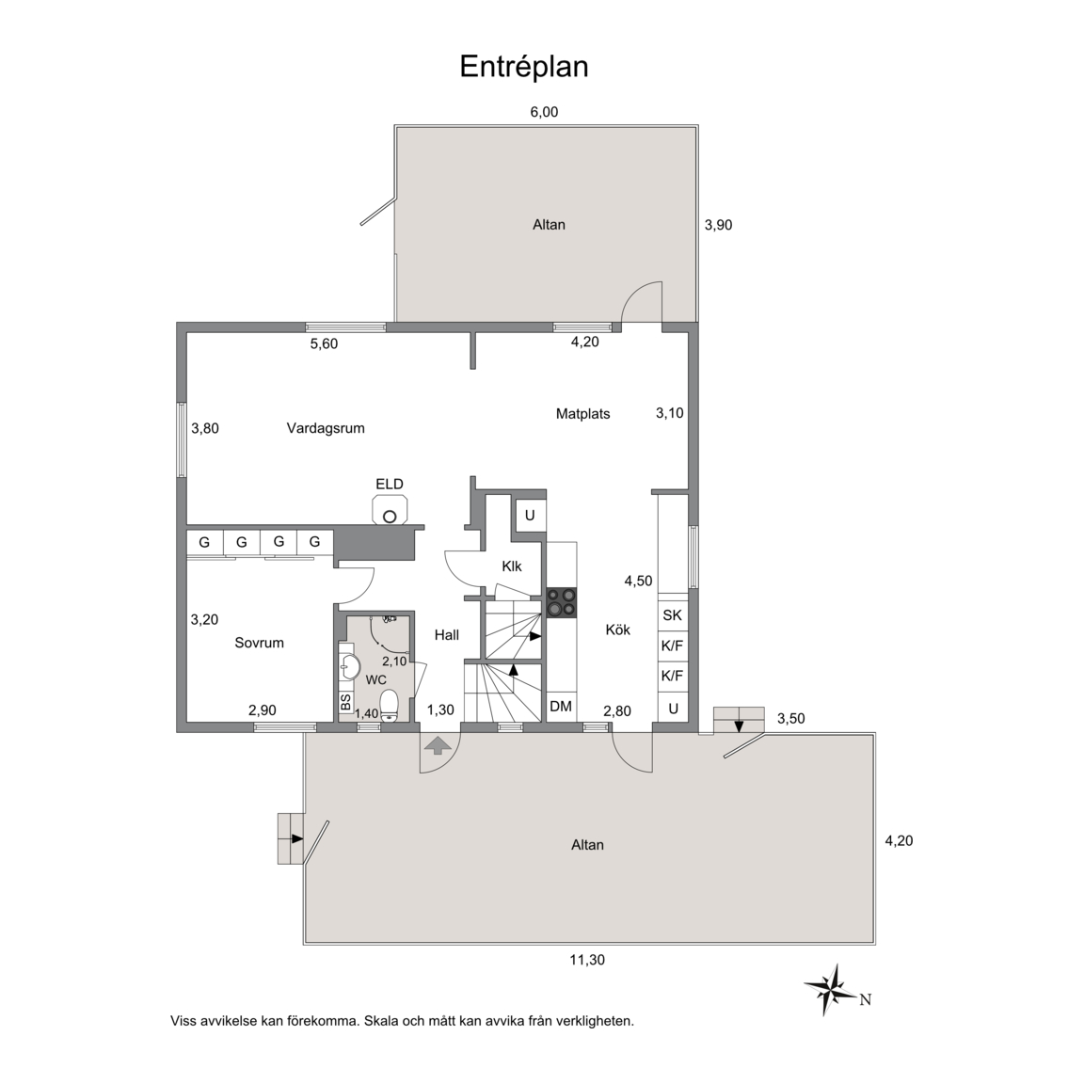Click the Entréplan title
coord(524,67)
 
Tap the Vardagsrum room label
coord(326,428)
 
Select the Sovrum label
coord(260,643)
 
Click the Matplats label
coord(582,414)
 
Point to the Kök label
coord(618,630)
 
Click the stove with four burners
coord(562,602)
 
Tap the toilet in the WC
coord(390,705)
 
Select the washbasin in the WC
coord(350,668)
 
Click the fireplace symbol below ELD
coord(390,512)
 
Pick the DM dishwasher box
coord(562,707)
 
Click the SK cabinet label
coord(672,614)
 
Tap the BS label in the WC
coord(345,702)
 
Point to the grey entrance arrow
coord(437,746)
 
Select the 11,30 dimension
coord(587,960)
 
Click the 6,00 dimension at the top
coord(544,112)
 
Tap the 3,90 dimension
coord(718,225)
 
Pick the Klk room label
coord(512,566)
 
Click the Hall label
coord(447,635)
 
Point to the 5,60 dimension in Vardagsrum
coord(325,343)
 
